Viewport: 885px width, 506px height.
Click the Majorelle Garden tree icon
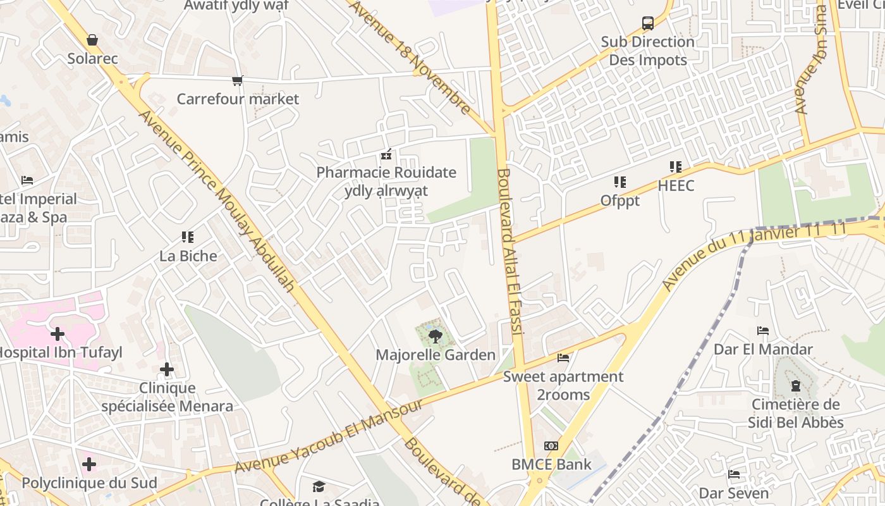(435, 336)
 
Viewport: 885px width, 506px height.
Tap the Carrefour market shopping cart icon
(238, 80)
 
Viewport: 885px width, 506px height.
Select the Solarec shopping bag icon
(92, 40)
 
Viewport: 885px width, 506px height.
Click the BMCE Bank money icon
(551, 446)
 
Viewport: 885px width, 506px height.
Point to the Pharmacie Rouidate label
(386, 172)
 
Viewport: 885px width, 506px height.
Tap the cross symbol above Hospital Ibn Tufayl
(58, 333)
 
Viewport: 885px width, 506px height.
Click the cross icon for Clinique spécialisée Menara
(167, 369)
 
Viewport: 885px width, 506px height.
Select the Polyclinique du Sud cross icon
(89, 464)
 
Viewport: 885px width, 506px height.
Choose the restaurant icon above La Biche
(188, 237)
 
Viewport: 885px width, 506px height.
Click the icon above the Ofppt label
(620, 182)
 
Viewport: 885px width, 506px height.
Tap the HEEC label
(676, 185)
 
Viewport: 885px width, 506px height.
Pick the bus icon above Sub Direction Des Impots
(648, 23)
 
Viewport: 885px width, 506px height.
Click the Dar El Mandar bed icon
(763, 330)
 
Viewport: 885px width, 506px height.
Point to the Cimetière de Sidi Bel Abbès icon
(796, 385)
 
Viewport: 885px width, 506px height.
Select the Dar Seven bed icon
(734, 474)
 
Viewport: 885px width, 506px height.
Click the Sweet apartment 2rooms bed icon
(563, 358)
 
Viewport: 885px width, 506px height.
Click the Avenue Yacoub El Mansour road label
(328, 436)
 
